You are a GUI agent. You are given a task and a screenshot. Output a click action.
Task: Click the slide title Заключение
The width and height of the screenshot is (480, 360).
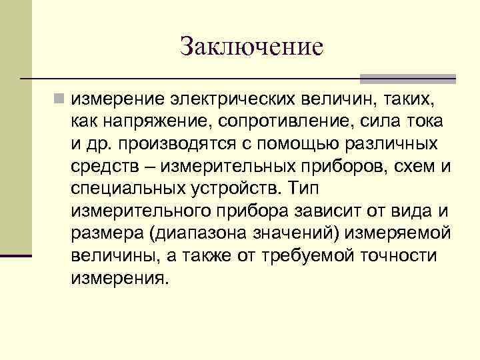[251, 46]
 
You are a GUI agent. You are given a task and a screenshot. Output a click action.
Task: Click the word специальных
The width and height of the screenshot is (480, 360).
[125, 189]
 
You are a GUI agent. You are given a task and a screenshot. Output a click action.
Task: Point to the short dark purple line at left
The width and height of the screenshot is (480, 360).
[16, 255]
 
